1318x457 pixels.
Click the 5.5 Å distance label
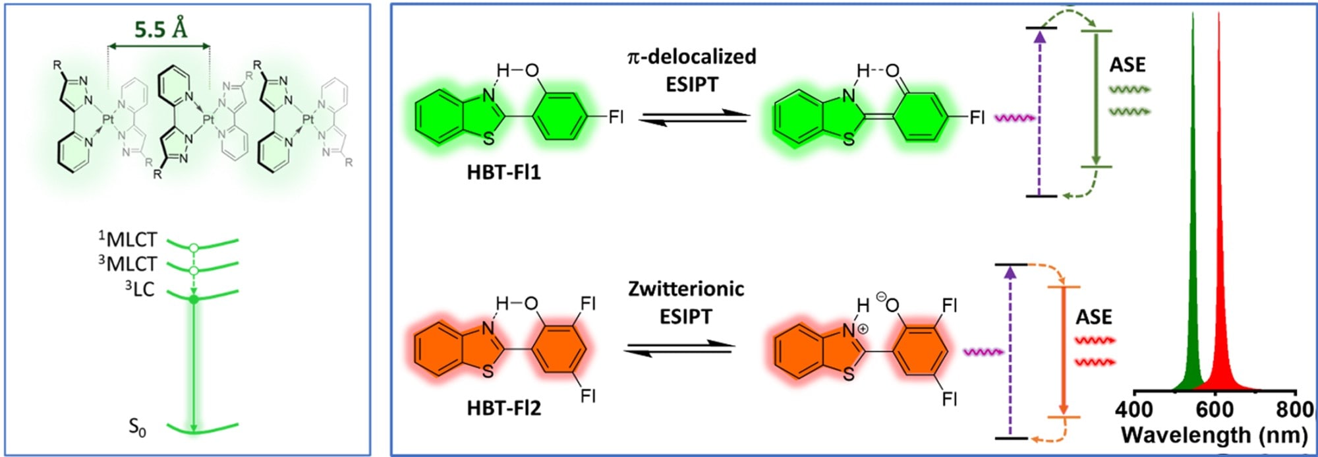pos(160,29)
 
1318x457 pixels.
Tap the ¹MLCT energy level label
pos(129,239)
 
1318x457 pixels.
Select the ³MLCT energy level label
pos(129,264)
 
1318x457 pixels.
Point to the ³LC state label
pos(140,289)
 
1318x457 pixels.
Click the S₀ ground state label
pos(137,428)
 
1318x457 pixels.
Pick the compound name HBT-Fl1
pos(503,173)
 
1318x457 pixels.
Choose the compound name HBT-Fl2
pos(503,408)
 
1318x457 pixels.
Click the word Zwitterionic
pos(686,289)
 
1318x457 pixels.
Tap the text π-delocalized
pos(691,57)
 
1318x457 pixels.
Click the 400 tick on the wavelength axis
pos(1134,410)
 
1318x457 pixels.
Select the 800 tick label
pos(1294,410)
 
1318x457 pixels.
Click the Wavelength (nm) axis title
pos(1214,435)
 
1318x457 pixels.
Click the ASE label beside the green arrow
pos(1128,65)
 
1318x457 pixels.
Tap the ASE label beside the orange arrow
pos(1094,317)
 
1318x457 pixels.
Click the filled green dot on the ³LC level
pos(193,300)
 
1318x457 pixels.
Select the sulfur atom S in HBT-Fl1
pos(488,138)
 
